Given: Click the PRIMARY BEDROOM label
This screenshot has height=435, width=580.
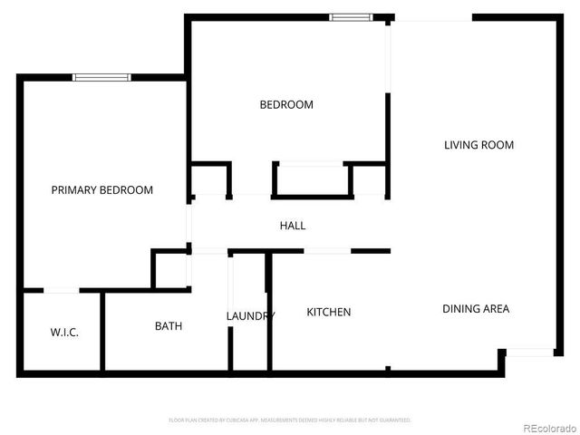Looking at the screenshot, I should [101, 190].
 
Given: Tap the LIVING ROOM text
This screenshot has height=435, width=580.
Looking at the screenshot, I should [478, 145].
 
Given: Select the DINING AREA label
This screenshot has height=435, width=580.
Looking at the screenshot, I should [475, 309].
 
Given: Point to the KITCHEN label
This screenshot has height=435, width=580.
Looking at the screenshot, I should [328, 313].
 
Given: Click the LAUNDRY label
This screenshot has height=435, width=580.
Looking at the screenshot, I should [250, 316].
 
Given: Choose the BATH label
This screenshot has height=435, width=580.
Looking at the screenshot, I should [169, 326].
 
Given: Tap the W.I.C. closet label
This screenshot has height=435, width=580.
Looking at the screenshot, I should [63, 333].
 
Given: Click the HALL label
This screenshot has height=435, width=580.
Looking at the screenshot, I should [292, 226].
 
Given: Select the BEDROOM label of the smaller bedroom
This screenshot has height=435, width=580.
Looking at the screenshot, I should [286, 105].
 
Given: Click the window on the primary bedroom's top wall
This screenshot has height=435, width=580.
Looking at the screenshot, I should [101, 78].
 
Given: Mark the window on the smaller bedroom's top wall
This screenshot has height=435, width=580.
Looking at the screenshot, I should [350, 16].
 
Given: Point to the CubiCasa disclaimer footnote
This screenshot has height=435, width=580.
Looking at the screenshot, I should [290, 420].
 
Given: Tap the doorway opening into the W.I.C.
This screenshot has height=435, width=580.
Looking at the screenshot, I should [61, 291].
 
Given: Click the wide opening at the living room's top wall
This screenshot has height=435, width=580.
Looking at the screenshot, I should [433, 16].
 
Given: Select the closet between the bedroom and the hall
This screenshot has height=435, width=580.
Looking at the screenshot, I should [312, 179].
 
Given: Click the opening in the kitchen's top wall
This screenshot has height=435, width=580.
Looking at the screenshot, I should [327, 251].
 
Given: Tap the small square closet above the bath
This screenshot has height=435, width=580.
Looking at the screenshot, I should [169, 270].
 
